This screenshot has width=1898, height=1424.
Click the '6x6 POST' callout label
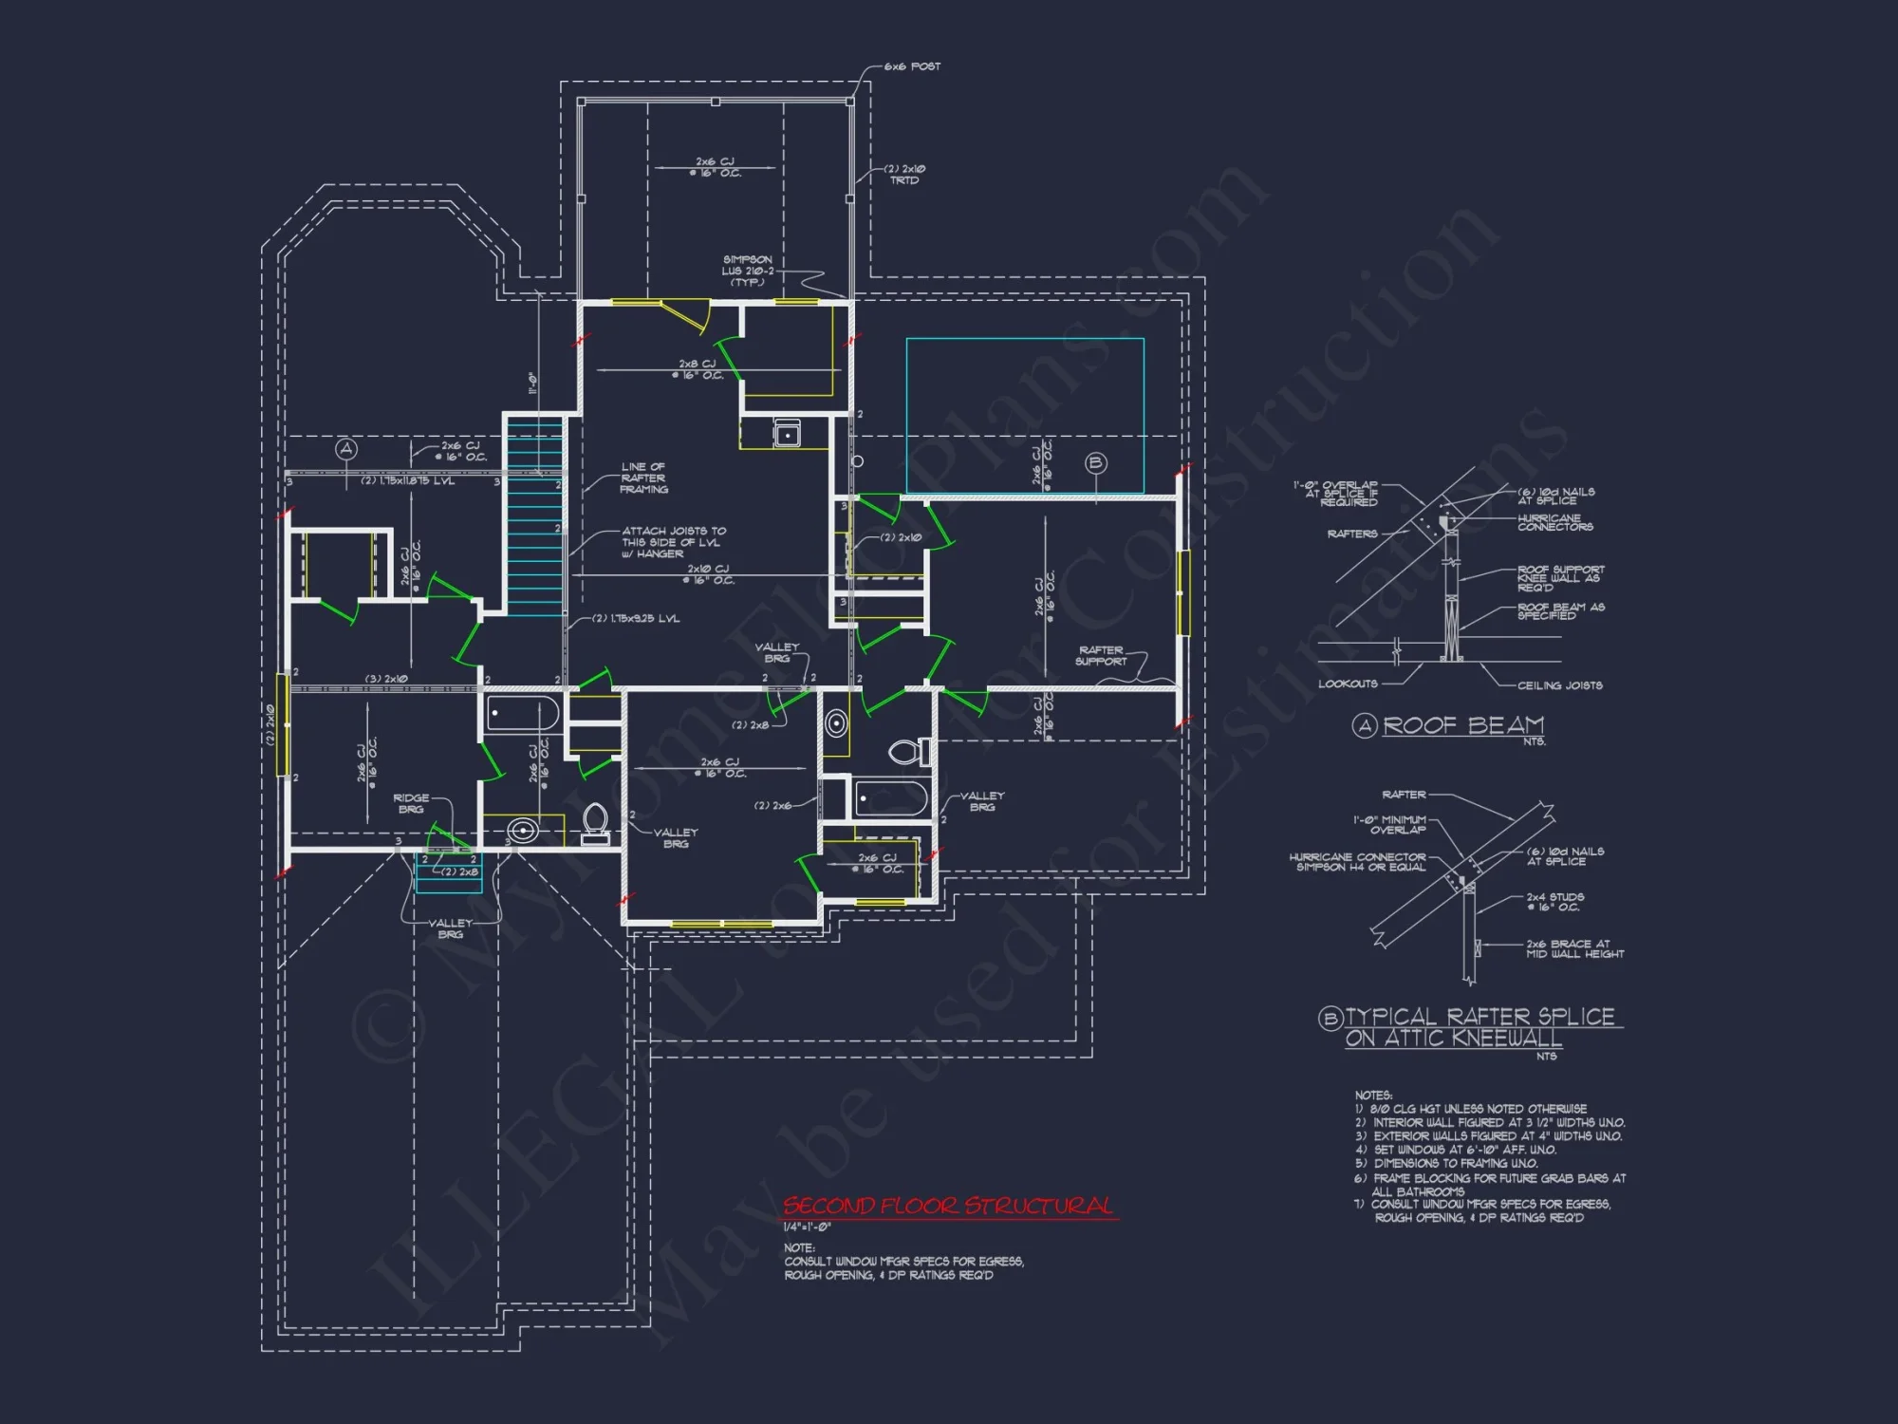[x=912, y=66]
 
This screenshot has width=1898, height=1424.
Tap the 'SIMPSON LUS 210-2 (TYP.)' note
[x=748, y=271]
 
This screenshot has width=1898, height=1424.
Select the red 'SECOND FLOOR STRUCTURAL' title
[x=948, y=1207]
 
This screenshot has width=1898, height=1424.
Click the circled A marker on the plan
[x=346, y=449]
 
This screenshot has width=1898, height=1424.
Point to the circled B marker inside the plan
[x=1096, y=463]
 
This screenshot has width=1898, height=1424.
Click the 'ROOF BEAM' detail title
[x=1462, y=726]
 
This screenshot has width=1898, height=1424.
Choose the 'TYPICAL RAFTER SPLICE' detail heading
[x=1479, y=1017]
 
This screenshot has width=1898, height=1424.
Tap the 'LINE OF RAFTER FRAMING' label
[x=643, y=478]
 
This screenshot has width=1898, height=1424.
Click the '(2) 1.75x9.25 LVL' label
[x=636, y=619]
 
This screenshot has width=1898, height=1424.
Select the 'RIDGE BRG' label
[x=411, y=804]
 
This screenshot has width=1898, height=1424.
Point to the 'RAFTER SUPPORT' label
[x=1101, y=656]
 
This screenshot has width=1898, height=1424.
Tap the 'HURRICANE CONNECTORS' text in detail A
[x=1554, y=522]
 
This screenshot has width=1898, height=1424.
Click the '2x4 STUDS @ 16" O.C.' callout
[x=1554, y=902]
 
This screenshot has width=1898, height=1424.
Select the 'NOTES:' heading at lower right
[x=1373, y=1096]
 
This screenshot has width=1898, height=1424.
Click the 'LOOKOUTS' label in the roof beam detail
[x=1348, y=684]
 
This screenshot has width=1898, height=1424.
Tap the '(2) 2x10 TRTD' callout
[x=904, y=175]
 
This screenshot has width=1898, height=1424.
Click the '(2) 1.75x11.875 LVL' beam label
[x=407, y=481]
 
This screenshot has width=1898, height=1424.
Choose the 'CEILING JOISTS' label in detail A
[x=1559, y=685]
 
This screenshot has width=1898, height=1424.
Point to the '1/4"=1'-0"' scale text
[x=807, y=1227]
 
